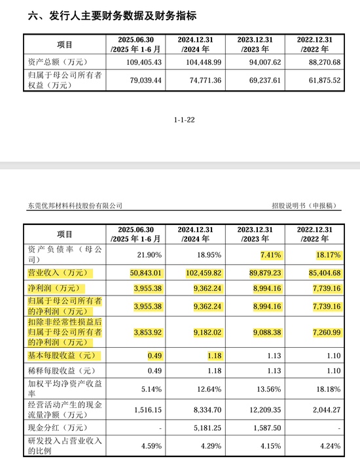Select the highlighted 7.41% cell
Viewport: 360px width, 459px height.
pyautogui.click(x=268, y=254)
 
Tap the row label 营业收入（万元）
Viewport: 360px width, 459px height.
pyautogui.click(x=57, y=273)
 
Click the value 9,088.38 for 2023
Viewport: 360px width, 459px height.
pyautogui.click(x=265, y=333)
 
